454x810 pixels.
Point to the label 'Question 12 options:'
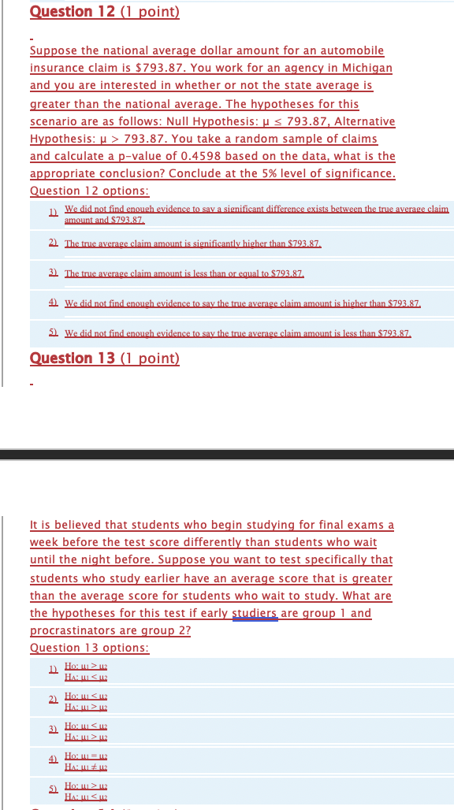coord(89,191)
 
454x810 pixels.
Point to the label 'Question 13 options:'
coord(89,648)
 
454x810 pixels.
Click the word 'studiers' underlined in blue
coord(255,613)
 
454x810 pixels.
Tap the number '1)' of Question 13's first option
coord(53,671)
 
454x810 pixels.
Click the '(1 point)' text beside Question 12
coord(150,12)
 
